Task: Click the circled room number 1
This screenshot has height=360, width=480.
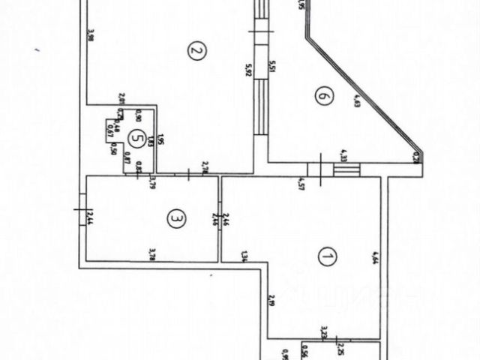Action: [325, 258]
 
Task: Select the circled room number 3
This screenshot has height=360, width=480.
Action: [175, 219]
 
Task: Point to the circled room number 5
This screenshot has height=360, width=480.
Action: [135, 137]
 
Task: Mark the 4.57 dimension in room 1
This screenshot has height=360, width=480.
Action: [300, 181]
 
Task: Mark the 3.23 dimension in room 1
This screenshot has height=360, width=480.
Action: [323, 332]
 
